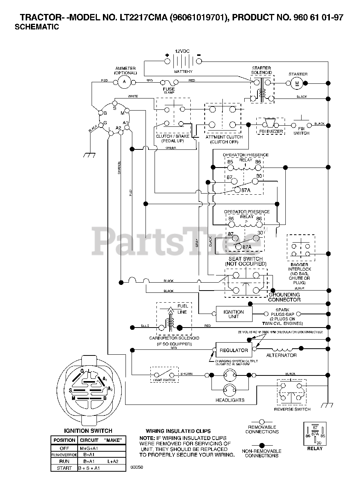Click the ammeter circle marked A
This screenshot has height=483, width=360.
(x=124, y=81)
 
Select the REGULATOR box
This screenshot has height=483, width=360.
(x=234, y=350)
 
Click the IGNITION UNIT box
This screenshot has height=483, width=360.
(x=234, y=314)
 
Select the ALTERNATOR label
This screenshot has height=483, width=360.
(x=281, y=355)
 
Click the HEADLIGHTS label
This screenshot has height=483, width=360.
(x=230, y=400)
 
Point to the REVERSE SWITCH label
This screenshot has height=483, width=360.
(x=292, y=409)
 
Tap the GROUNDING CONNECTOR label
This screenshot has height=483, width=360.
(x=284, y=297)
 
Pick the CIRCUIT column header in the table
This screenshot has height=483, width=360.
(x=89, y=440)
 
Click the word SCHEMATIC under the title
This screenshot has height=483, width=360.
(x=37, y=27)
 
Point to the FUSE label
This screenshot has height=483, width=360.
(x=169, y=89)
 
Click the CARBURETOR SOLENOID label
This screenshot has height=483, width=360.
(x=174, y=338)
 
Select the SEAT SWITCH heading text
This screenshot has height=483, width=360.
(x=245, y=259)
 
